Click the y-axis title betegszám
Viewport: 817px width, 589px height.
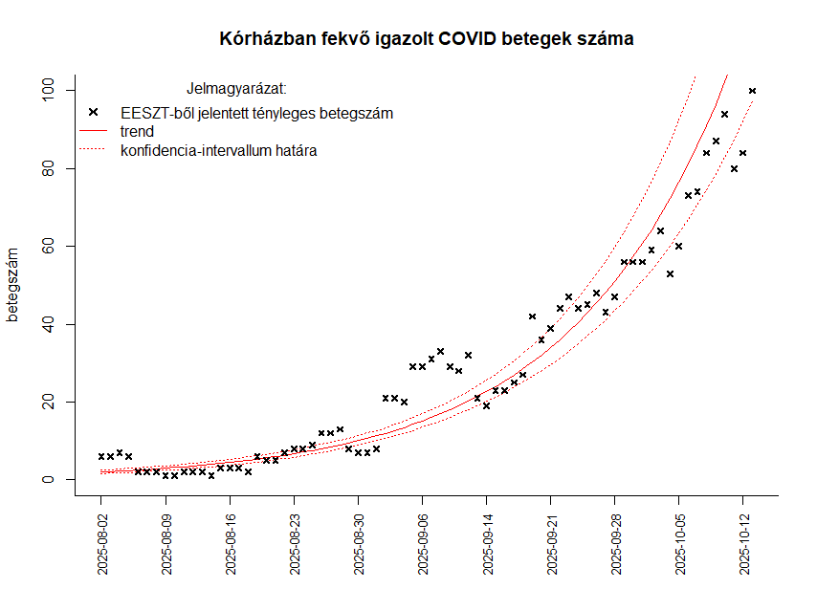click(x=13, y=284)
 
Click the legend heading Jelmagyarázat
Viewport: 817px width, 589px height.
click(x=236, y=90)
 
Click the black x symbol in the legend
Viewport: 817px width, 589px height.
click(x=94, y=113)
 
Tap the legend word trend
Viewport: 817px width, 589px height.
click(x=138, y=131)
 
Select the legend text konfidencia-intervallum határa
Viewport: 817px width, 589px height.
click(x=219, y=150)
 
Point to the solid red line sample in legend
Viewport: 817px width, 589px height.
click(x=94, y=131)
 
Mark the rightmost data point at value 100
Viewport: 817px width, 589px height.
click(x=752, y=91)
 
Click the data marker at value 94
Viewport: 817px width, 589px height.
click(x=724, y=114)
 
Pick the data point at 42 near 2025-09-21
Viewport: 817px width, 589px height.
click(x=533, y=316)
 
